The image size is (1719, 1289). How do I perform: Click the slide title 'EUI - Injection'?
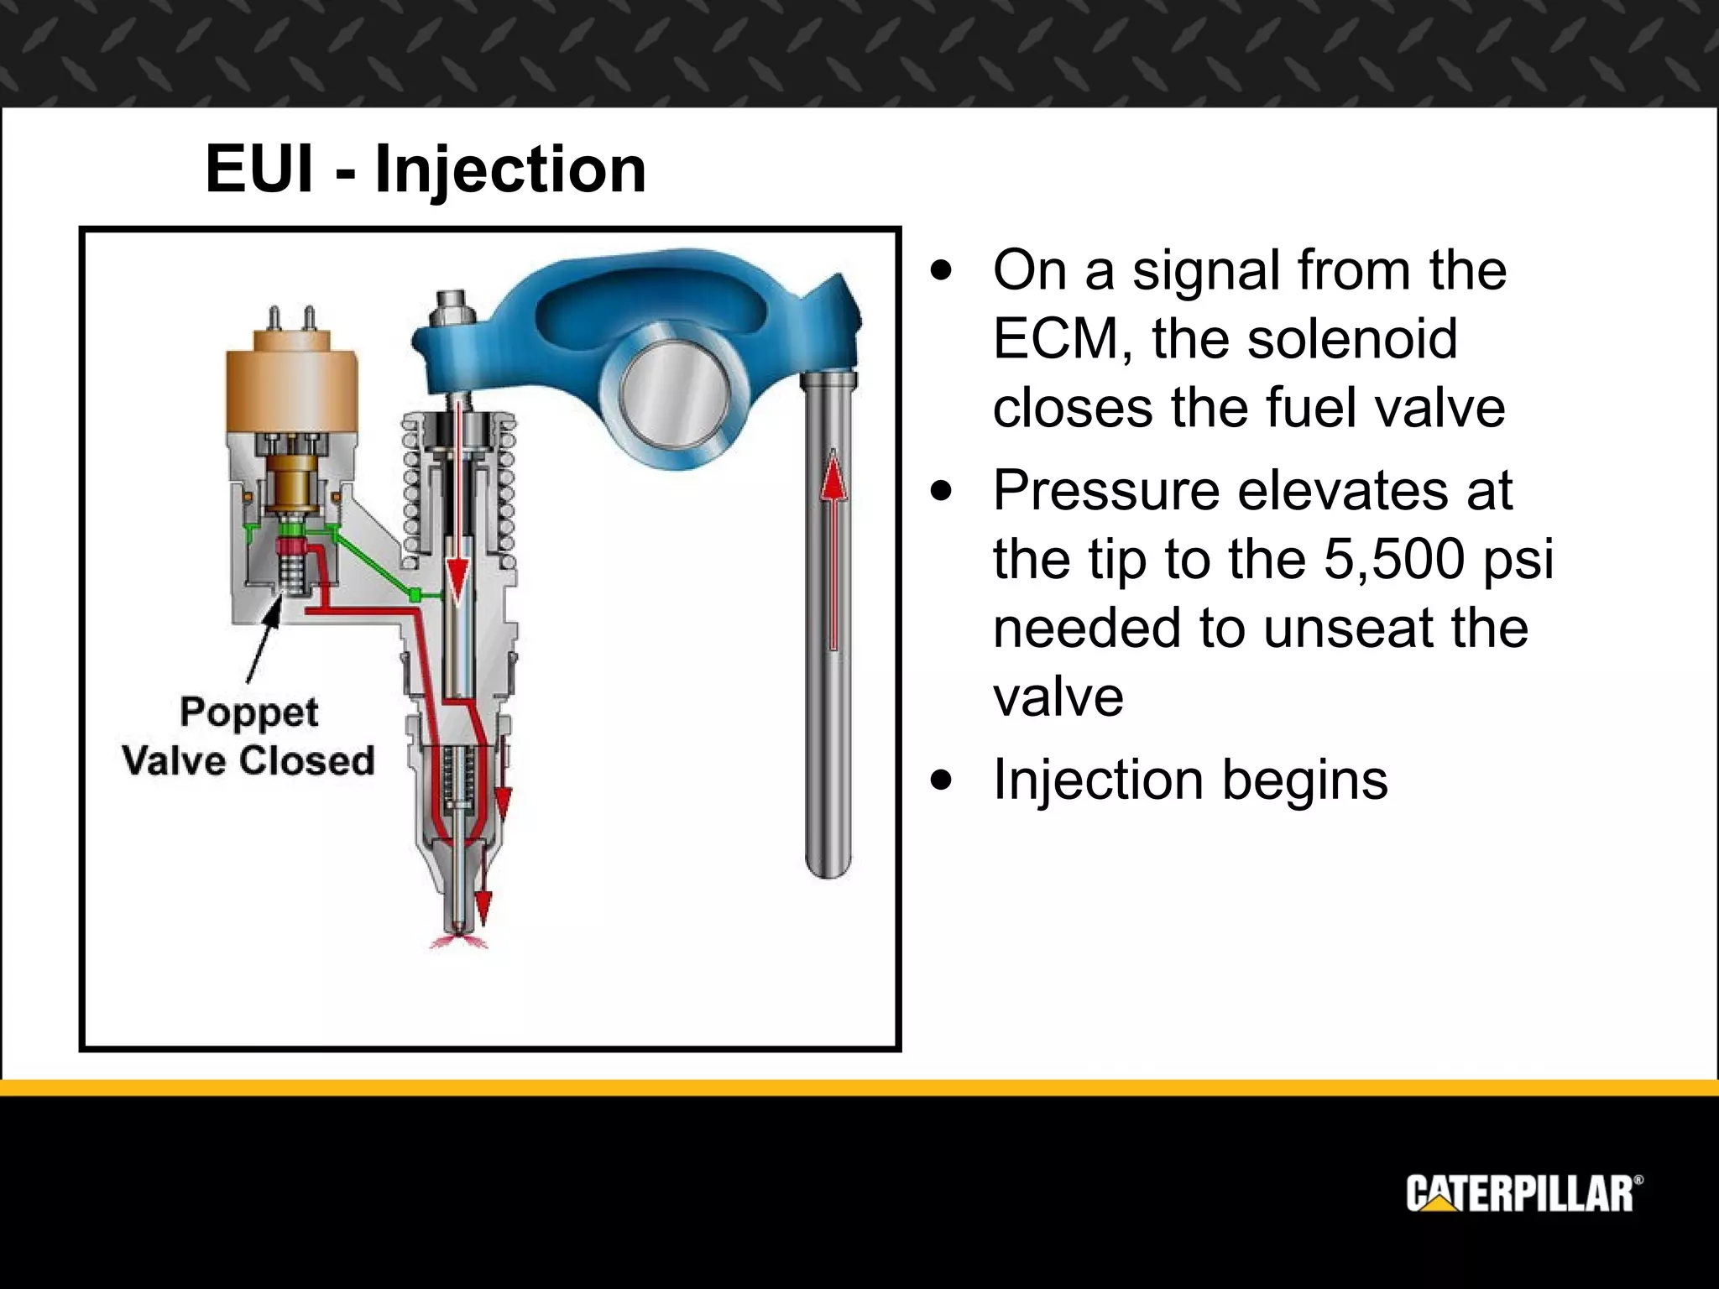pyautogui.click(x=426, y=170)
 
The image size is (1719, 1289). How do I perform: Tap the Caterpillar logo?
pyautogui.click(x=1523, y=1193)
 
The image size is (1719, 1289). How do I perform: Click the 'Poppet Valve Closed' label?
pyautogui.click(x=248, y=736)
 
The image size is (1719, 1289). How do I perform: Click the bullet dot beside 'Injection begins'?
pyautogui.click(x=943, y=780)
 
